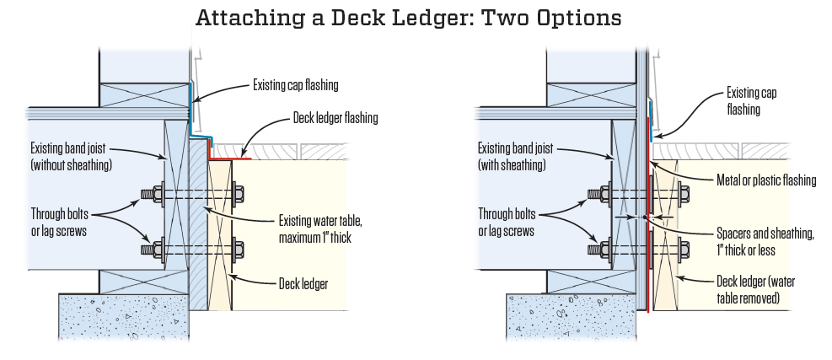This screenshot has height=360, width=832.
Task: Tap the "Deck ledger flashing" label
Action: (335, 118)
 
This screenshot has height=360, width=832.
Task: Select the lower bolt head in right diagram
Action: (604, 250)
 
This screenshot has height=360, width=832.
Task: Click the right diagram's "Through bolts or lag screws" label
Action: (513, 221)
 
